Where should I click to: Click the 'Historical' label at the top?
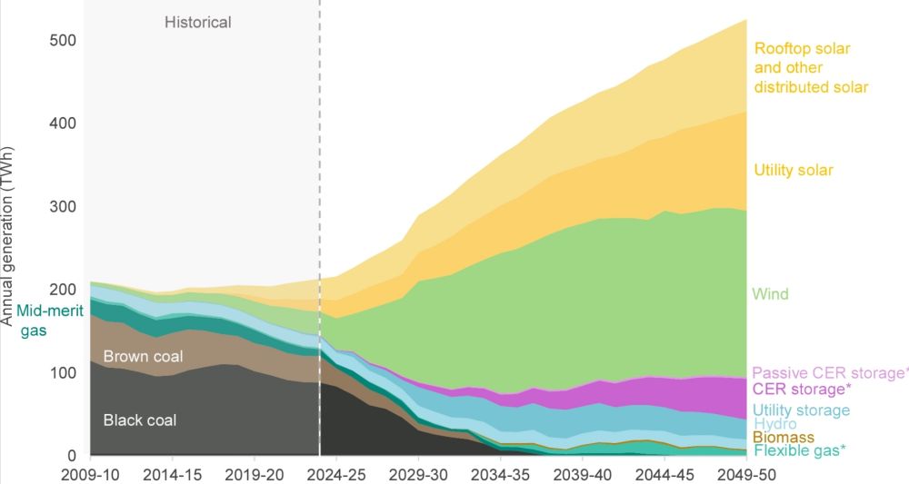(x=198, y=21)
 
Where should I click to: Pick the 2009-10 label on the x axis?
(x=90, y=474)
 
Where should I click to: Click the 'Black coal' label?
(x=140, y=420)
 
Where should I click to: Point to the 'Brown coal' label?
(x=141, y=356)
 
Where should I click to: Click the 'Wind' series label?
(x=770, y=294)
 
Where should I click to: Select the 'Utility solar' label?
(x=794, y=170)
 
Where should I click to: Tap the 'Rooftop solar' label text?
(x=802, y=47)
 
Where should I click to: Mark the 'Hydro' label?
(x=774, y=424)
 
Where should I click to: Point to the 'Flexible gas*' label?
(x=797, y=450)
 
